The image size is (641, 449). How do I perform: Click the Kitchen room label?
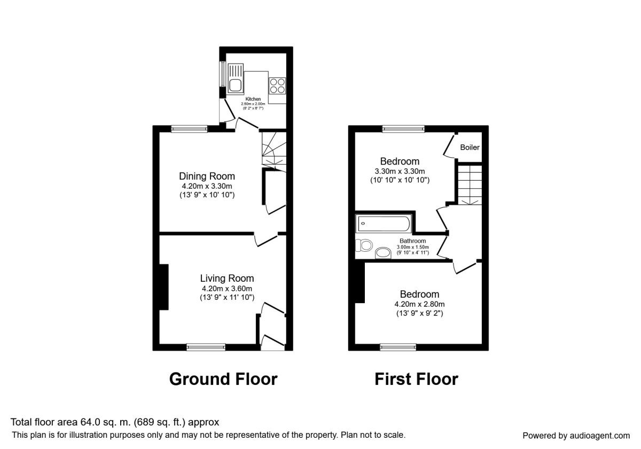click(x=253, y=99)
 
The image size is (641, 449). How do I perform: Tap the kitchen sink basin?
click(x=235, y=86)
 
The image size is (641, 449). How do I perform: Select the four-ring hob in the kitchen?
click(x=277, y=86)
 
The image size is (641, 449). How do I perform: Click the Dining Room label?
click(x=207, y=176)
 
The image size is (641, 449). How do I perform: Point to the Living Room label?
click(x=227, y=278)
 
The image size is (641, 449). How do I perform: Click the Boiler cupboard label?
click(x=470, y=147)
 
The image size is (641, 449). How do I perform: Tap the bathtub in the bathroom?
click(x=384, y=224)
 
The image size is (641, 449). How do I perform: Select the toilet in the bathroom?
click(x=364, y=245)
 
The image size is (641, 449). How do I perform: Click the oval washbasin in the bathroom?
click(x=383, y=253)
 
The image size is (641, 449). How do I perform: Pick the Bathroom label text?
click(x=412, y=241)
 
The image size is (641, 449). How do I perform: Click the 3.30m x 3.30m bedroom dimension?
click(x=400, y=171)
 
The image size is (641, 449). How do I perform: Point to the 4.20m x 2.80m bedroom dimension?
click(x=419, y=304)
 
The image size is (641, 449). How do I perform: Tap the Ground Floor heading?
click(x=223, y=379)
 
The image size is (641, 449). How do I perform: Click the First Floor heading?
click(x=416, y=379)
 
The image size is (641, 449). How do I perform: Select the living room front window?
click(x=206, y=347)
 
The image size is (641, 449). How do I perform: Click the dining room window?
click(x=189, y=129)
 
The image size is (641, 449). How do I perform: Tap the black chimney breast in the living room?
click(x=163, y=287)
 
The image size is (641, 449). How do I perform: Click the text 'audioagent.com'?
click(x=600, y=436)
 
